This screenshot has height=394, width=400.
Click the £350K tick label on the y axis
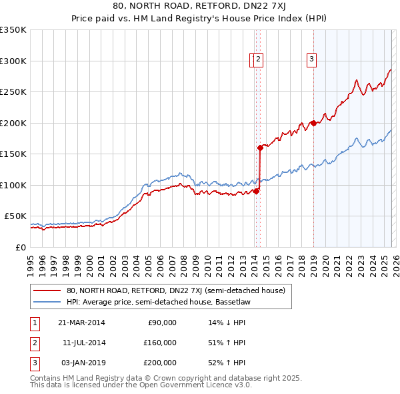click(13, 30)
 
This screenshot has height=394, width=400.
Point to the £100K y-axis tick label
click(13, 185)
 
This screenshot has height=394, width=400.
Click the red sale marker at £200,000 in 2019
click(313, 123)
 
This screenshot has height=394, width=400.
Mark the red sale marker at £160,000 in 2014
click(260, 148)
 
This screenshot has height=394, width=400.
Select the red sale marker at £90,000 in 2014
click(256, 191)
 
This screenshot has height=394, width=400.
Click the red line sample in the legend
click(47, 290)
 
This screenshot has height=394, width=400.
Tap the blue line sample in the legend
click(47, 301)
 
